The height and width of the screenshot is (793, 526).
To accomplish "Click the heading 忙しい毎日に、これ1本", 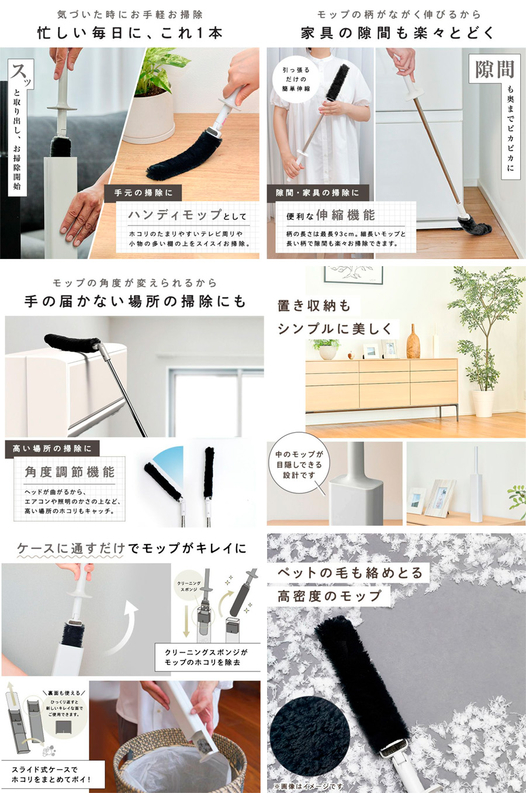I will [130, 33].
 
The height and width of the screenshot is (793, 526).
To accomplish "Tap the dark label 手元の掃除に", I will [143, 192].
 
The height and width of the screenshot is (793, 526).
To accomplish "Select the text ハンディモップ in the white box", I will [175, 215].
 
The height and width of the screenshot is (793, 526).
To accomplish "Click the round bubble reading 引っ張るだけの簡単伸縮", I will [297, 80].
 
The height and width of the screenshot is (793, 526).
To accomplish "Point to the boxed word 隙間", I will [494, 70].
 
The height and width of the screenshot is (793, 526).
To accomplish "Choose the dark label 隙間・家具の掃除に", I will [317, 192].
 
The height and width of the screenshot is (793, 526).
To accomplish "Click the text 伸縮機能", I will [345, 215].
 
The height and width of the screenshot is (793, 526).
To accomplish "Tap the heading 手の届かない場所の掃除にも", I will [135, 302].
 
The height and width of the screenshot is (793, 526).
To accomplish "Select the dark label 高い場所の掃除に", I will [53, 449].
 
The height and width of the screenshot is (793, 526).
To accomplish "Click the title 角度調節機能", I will [70, 472].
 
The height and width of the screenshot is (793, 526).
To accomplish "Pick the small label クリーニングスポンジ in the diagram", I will [189, 587].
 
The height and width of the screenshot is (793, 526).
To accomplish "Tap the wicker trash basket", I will [175, 760].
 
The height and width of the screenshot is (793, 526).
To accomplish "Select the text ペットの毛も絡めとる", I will [349, 573].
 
